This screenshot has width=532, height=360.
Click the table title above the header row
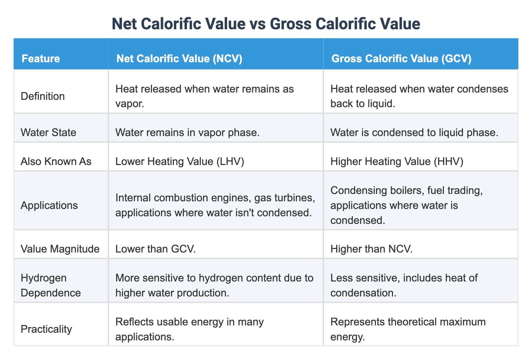click(266, 24)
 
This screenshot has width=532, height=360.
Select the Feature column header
click(41, 59)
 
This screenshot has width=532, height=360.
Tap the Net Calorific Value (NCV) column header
click(179, 59)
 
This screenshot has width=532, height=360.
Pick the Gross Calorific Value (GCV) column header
click(401, 59)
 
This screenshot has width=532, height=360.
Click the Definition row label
click(43, 96)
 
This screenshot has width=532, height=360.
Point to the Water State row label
click(48, 132)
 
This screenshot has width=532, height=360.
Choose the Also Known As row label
click(56, 161)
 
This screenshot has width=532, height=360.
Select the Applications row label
click(49, 205)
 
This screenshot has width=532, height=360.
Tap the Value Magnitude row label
click(60, 249)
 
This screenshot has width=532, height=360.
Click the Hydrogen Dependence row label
click(51, 285)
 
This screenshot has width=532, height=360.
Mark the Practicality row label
click(46, 329)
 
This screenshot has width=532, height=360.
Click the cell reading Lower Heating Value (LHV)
click(180, 161)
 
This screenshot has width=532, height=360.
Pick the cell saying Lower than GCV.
click(155, 249)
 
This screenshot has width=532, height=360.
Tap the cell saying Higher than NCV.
click(371, 249)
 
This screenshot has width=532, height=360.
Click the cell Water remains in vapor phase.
click(187, 132)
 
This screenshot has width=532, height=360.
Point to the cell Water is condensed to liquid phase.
click(414, 132)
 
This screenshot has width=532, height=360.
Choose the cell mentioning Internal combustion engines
click(214, 205)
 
